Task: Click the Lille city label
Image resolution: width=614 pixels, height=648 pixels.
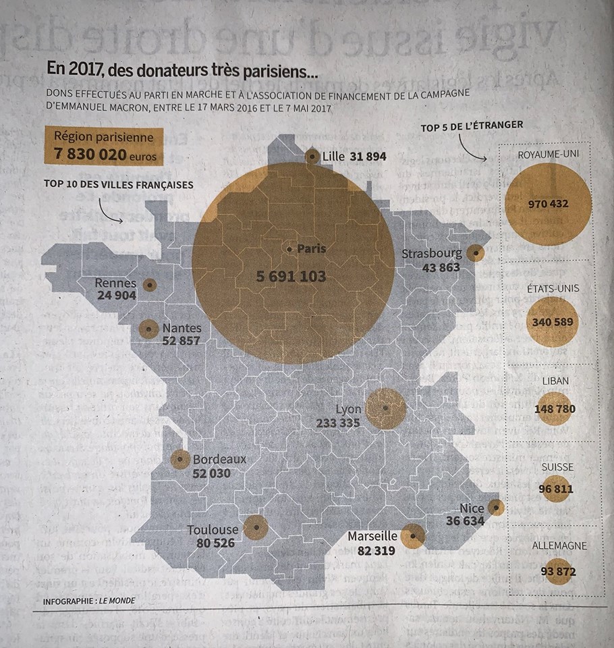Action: coord(334,157)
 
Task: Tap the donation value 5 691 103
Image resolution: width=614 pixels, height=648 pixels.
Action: coord(291,276)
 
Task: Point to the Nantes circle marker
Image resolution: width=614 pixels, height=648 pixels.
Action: coord(148,329)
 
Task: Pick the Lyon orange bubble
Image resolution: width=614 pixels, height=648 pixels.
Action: coord(385,408)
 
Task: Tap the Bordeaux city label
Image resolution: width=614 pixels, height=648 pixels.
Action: coord(219,460)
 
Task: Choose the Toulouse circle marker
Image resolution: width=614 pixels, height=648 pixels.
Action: coord(256,527)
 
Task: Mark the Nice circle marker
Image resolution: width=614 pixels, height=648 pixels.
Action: coord(496,507)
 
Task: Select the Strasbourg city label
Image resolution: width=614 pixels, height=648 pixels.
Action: coord(432,254)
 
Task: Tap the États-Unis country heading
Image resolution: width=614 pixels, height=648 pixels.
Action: coord(553,288)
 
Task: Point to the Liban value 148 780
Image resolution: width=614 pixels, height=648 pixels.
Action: coord(554,409)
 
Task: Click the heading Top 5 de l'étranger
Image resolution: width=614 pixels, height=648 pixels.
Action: coord(472,126)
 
